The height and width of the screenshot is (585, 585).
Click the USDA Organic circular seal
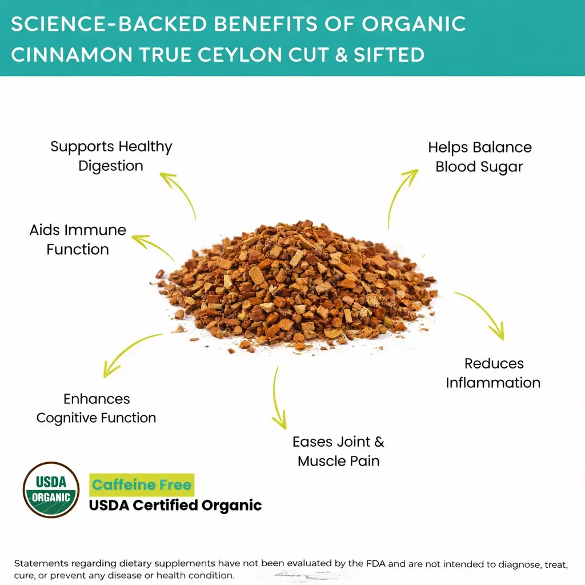point(51,490)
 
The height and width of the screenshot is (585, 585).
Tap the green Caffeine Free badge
point(142,484)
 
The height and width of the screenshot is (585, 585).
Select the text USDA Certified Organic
point(175,505)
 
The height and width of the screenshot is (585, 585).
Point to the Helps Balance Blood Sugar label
point(480,157)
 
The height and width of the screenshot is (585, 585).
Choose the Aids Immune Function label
point(78,239)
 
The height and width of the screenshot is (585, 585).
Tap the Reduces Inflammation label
point(493,373)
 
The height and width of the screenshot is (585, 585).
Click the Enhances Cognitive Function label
point(96,408)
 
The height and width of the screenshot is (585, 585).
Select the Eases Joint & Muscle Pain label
point(338,451)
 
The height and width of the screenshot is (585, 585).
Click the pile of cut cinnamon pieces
point(295,286)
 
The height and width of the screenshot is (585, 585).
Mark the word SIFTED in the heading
point(389,54)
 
